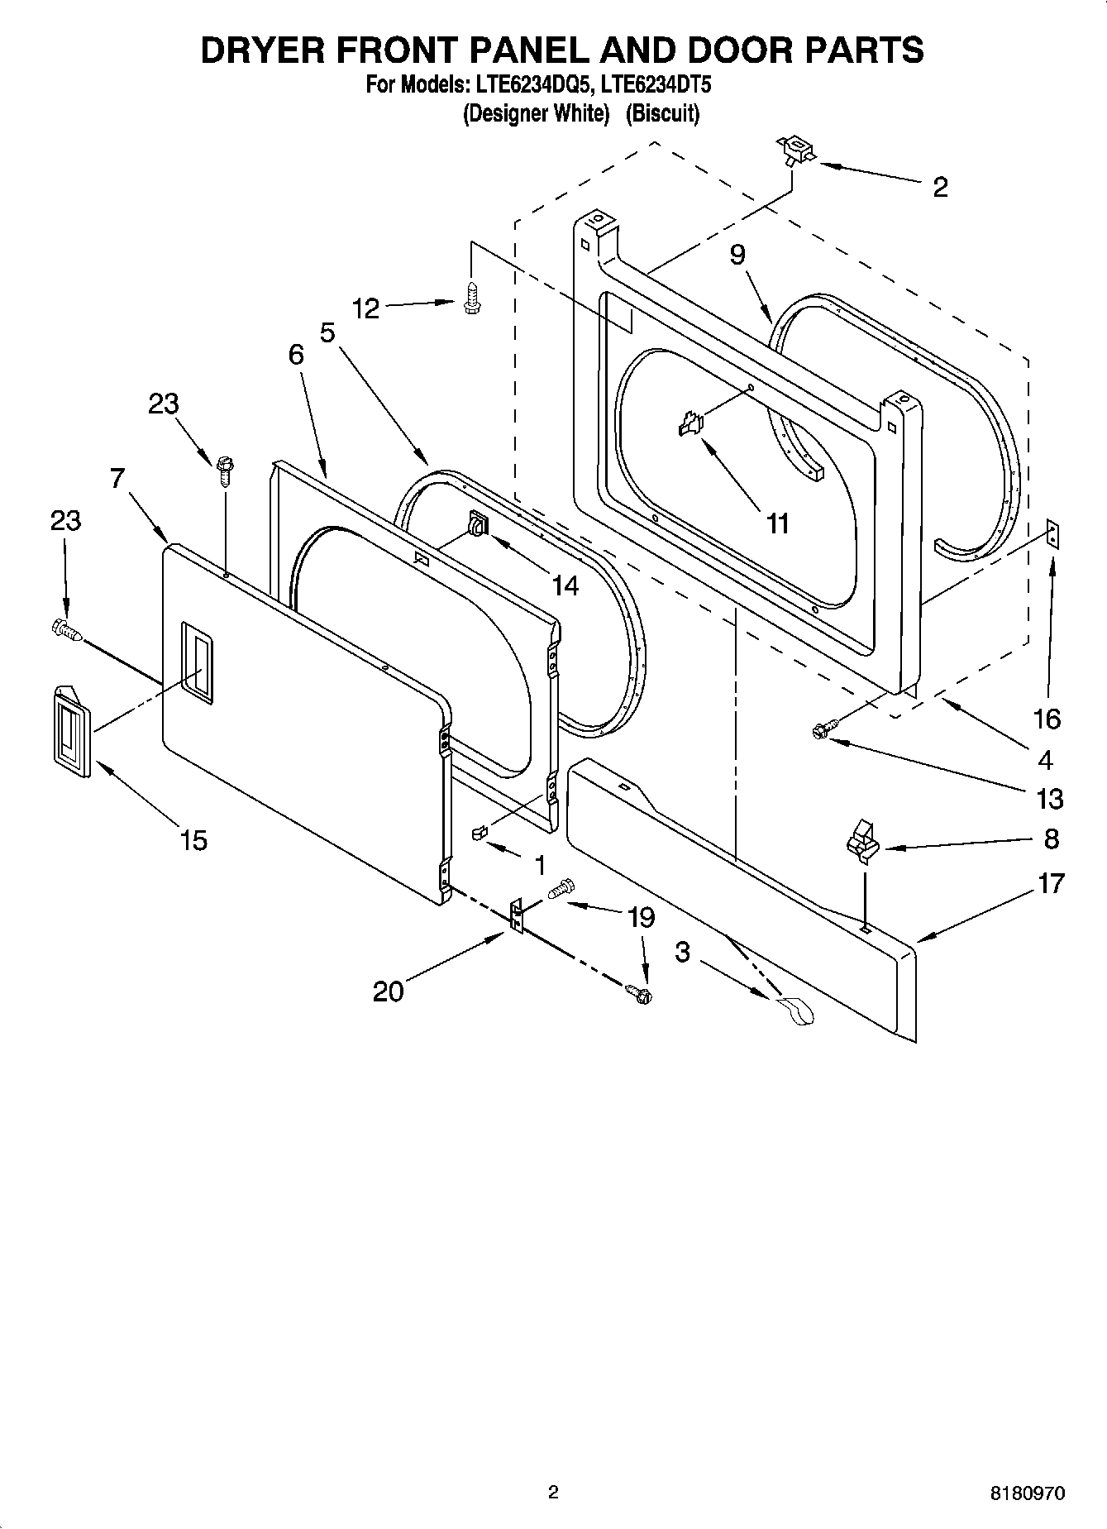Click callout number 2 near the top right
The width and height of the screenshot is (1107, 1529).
(940, 187)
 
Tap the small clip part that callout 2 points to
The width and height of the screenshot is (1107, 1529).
(795, 150)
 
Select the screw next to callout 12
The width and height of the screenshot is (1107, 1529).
(471, 299)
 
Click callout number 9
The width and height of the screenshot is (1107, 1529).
(737, 254)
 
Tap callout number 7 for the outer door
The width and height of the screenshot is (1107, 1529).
(117, 478)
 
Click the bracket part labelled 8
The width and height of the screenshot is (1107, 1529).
(861, 841)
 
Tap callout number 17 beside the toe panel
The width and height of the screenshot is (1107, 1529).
(1051, 883)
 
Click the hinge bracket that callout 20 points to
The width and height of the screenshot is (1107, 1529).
(517, 916)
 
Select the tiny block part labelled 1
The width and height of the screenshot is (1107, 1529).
(478, 831)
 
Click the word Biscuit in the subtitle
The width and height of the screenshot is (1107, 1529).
(662, 113)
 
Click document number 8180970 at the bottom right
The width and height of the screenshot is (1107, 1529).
(1027, 1493)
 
